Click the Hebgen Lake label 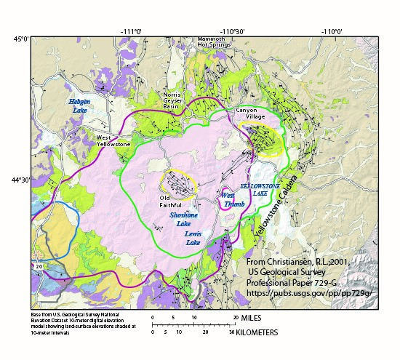click(80, 106)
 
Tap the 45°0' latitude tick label click(20, 39)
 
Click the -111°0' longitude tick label click(131, 31)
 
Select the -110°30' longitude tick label click(233, 31)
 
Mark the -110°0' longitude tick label click(334, 31)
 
